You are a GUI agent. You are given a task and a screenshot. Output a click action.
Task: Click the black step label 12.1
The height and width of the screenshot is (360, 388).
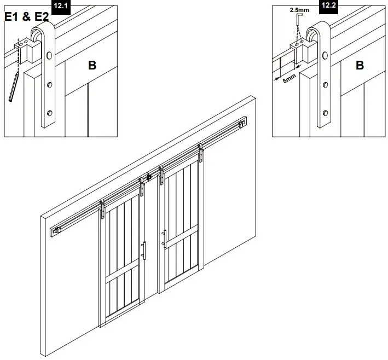(x=61, y=6)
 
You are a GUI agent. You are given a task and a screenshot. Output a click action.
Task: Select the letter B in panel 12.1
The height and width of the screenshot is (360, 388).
(x=92, y=66)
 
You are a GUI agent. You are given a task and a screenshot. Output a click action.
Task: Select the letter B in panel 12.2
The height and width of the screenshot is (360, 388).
(x=360, y=66)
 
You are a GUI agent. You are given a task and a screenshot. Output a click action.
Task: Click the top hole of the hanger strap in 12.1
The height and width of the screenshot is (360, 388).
(x=50, y=56)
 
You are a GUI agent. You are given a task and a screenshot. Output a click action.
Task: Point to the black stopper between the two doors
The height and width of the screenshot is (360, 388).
(x=148, y=178)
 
